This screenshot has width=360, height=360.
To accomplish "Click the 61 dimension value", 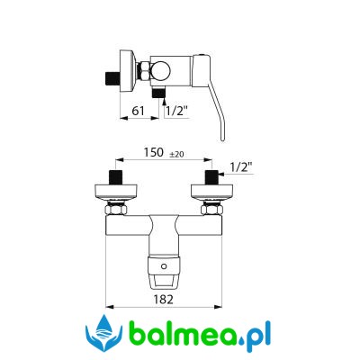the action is (x=139, y=111).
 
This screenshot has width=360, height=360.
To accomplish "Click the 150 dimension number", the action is (x=153, y=152).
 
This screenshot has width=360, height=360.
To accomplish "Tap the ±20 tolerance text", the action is (x=177, y=154).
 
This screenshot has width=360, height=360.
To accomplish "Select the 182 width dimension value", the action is (x=164, y=299).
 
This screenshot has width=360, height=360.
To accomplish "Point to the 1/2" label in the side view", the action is (x=176, y=111).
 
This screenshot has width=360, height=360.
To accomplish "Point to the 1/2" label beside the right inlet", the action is (x=241, y=166).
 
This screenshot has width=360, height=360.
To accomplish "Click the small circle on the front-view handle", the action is (x=164, y=266).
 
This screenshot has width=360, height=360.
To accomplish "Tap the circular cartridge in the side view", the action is (x=160, y=72).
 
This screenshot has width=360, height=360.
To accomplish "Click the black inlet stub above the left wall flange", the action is (x=116, y=177).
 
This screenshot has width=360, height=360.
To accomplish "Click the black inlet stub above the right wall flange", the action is (x=211, y=177).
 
